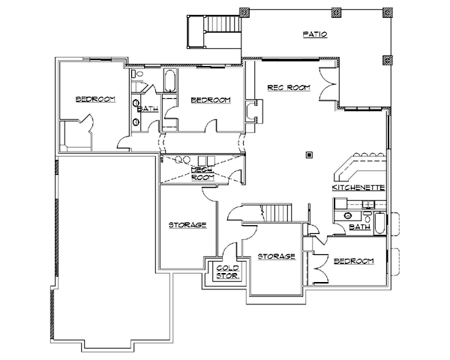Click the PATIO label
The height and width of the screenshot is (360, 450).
click(315, 34)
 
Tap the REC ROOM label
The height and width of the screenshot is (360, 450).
click(289, 88)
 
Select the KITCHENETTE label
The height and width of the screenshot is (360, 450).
click(358, 187)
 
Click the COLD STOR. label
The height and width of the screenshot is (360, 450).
click(228, 272)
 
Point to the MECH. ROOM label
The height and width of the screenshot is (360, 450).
click(203, 174)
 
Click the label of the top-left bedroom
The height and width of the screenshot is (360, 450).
click(95, 99)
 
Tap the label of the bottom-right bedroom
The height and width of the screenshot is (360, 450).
click(354, 261)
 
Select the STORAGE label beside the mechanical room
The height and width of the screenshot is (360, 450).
click(187, 225)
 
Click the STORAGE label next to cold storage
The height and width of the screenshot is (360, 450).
click(276, 256)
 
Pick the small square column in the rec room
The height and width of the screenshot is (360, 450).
click(309, 155)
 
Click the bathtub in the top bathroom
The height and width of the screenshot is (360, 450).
click(169, 81)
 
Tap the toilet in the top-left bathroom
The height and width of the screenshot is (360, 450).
click(137, 73)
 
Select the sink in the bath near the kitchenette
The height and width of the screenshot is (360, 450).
click(348, 215)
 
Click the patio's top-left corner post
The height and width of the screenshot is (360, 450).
click(244, 13)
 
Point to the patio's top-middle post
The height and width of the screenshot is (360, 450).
click(336, 12)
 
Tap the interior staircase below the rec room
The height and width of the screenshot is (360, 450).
click(277, 213)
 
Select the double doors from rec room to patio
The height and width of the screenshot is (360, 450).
click(328, 84)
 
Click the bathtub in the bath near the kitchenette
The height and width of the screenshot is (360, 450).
click(379, 223)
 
